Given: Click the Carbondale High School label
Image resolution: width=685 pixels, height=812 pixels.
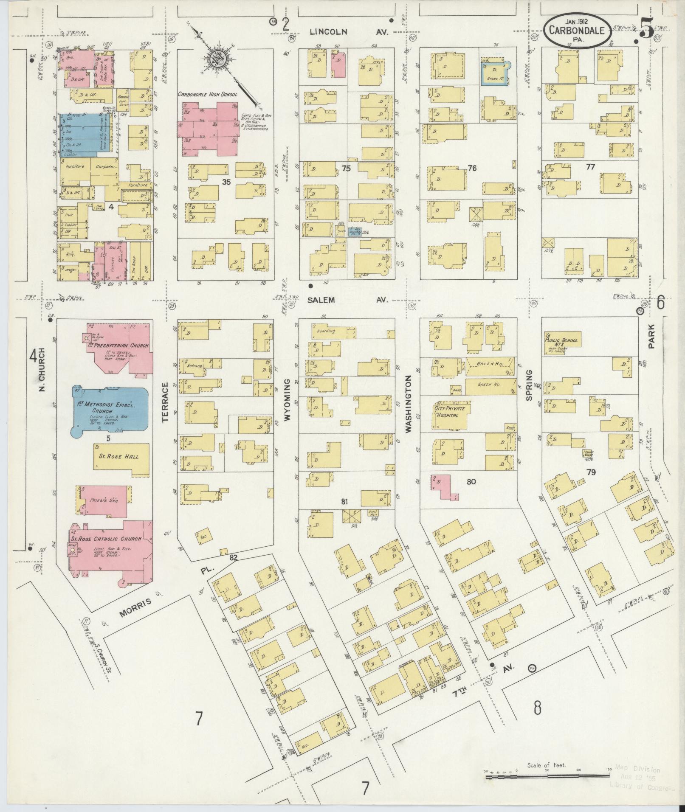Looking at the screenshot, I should pos(207,94).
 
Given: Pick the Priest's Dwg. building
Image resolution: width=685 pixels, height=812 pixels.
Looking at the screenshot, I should pos(103,501).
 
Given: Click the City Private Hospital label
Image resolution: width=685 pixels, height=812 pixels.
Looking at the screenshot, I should pos(449,411).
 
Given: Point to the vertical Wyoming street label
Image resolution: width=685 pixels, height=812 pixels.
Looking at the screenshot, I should pos(287,400).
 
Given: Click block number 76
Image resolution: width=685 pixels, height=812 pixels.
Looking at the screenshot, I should pos(472,168).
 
